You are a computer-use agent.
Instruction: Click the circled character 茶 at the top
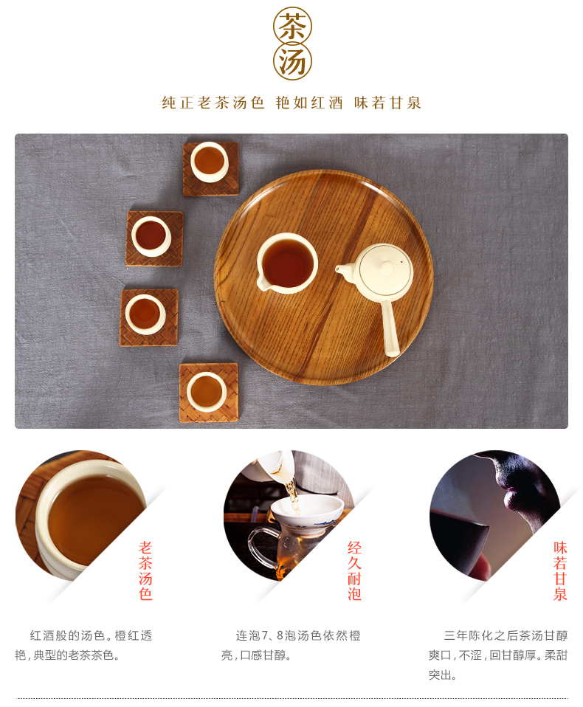click(293, 26)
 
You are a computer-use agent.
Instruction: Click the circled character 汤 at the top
click(293, 61)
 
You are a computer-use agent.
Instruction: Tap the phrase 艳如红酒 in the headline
click(309, 103)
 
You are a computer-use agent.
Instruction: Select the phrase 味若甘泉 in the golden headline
click(387, 103)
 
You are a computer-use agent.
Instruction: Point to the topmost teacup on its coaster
click(210, 162)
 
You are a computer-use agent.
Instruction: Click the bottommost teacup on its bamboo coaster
click(207, 392)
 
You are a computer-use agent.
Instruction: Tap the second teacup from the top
click(151, 236)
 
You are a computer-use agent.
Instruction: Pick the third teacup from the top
click(145, 314)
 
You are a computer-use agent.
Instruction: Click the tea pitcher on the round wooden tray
click(287, 263)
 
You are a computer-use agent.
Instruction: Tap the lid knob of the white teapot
click(387, 267)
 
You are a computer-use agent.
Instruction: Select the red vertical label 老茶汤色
click(145, 570)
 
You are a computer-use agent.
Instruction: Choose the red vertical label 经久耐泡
click(354, 570)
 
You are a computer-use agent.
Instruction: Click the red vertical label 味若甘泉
click(560, 570)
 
